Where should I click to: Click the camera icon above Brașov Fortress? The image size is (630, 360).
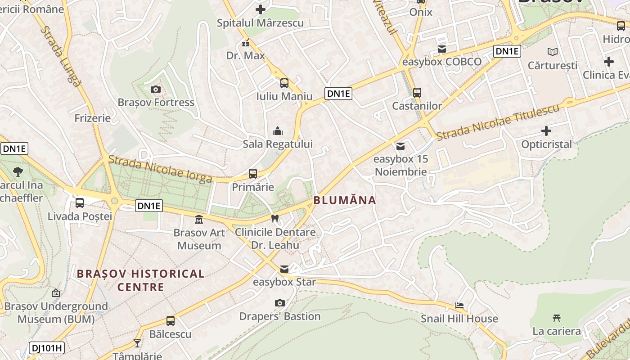[x=156, y=89]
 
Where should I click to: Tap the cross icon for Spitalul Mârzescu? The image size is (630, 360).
[x=261, y=9]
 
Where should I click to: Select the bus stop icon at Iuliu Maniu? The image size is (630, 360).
[x=284, y=83]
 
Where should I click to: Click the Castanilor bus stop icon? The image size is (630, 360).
[x=417, y=93]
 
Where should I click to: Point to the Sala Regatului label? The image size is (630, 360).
[x=277, y=144]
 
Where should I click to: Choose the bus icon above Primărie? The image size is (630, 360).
[x=253, y=174]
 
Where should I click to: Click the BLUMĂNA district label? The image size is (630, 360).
[x=345, y=200]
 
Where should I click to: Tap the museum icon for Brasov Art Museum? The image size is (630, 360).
[x=198, y=220]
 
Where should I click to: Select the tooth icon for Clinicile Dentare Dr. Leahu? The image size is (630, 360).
[x=275, y=219]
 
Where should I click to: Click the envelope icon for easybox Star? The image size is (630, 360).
[x=284, y=269]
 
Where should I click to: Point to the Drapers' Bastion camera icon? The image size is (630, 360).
[x=280, y=303]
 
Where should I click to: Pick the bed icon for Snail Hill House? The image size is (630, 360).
[x=459, y=306]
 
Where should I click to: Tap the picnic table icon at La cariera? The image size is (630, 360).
[x=557, y=318]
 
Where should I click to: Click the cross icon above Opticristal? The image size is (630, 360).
[x=546, y=131]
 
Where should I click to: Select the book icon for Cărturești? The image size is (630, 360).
[x=552, y=52]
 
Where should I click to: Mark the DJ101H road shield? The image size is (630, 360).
[x=47, y=347]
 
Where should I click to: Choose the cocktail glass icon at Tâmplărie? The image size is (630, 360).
[x=137, y=343]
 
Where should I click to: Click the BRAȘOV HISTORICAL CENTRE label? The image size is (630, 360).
[x=140, y=280]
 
